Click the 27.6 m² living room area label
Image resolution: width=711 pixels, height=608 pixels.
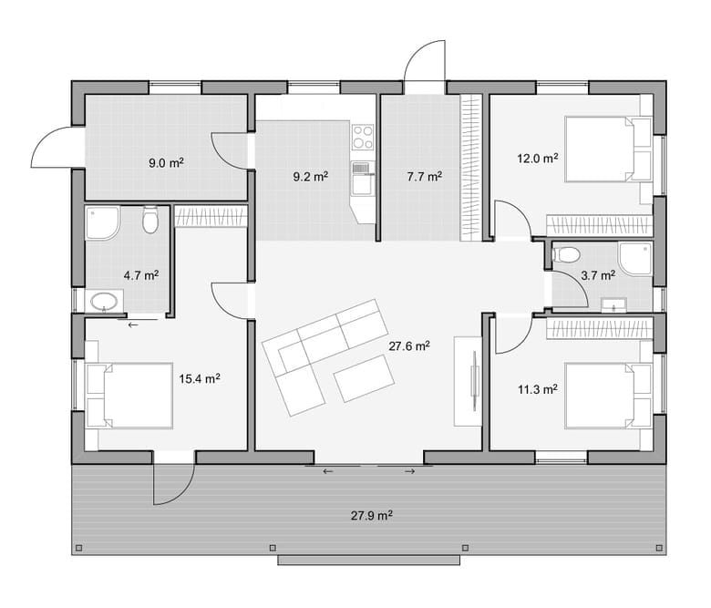(409, 346)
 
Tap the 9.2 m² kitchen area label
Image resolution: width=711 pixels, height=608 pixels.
(310, 176)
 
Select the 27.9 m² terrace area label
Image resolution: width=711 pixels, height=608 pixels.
(371, 516)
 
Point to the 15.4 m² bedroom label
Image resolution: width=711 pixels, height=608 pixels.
(200, 378)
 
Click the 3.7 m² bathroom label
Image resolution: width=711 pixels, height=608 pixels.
(598, 274)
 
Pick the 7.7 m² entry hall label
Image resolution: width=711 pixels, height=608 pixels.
(424, 176)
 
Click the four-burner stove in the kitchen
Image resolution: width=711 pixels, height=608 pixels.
(363, 137)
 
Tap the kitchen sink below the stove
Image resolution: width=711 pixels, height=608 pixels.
(363, 179)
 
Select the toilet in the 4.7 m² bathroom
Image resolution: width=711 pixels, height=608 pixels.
(150, 220)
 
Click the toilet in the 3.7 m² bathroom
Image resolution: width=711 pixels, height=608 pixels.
(566, 254)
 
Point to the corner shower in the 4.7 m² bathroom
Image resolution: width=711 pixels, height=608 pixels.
(102, 223)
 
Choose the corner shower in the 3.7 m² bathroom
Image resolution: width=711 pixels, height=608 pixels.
(636, 259)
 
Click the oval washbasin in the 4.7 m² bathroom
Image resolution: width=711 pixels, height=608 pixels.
(105, 301)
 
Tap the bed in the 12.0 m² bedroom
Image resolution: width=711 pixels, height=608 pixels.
(608, 149)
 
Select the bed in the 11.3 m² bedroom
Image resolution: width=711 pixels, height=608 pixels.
(608, 396)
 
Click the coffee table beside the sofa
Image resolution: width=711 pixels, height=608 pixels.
(364, 378)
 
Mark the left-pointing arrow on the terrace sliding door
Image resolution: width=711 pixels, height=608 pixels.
(327, 471)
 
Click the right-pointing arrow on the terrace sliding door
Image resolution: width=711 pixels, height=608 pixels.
(410, 471)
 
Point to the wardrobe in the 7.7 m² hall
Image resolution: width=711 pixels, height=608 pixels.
(470, 168)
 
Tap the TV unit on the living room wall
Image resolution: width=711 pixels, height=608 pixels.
(468, 381)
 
